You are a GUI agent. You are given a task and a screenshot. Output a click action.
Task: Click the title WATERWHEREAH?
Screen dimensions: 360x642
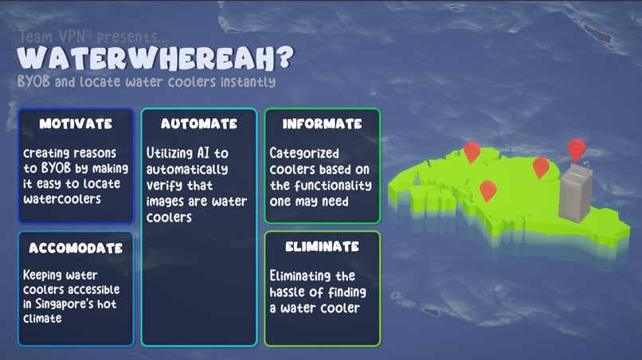(x=155, y=57)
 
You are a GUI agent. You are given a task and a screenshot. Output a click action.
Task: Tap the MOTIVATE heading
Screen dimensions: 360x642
(x=76, y=124)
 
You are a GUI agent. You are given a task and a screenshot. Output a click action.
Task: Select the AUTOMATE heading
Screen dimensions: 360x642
(x=199, y=124)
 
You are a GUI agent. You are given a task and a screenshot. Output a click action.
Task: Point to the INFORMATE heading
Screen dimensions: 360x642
(x=323, y=124)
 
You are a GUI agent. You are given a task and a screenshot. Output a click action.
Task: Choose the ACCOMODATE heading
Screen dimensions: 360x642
(x=76, y=248)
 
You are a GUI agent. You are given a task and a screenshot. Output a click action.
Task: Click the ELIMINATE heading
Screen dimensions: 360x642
(x=322, y=247)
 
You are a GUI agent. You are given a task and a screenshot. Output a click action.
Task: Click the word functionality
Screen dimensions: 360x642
(x=332, y=185)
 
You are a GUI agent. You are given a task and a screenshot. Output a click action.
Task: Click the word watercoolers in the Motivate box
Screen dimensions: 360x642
(x=62, y=199)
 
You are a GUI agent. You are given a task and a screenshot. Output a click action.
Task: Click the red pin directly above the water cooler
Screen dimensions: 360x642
(x=577, y=148)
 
